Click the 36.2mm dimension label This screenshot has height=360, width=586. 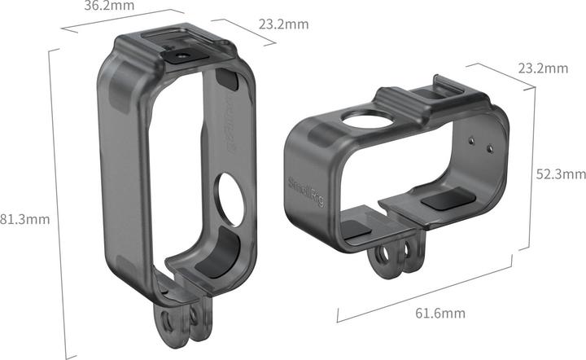[109, 8]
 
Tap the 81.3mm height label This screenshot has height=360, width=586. [25, 218]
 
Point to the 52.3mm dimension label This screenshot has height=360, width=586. [560, 173]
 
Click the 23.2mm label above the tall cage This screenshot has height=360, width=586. [282, 24]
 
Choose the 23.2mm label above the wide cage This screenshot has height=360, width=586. [542, 68]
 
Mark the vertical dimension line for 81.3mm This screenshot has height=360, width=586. [50, 195]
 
